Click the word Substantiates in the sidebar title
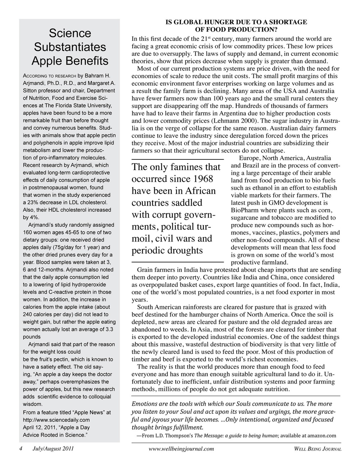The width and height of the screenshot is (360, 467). (x=69, y=47)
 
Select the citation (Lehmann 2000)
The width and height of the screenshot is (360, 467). (x=233, y=121)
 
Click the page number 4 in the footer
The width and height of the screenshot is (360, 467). (x=21, y=449)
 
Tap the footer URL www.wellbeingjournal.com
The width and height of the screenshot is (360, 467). (x=181, y=449)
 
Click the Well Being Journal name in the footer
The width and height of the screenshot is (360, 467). (x=317, y=449)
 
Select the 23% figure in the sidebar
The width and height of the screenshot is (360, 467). (x=32, y=202)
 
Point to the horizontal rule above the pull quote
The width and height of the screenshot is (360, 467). (x=177, y=160)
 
